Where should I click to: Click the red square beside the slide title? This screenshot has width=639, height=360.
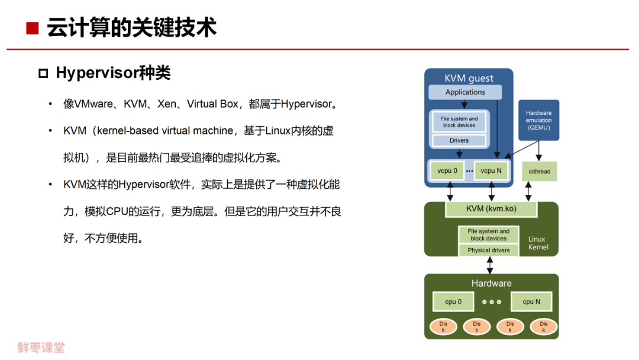pyautogui.click(x=33, y=27)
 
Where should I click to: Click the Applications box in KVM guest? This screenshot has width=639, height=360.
pyautogui.click(x=465, y=92)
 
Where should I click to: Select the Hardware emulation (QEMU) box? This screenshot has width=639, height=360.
pyautogui.click(x=538, y=120)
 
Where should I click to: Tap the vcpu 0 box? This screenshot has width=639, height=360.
pyautogui.click(x=447, y=171)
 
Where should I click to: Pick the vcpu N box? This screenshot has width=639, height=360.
pyautogui.click(x=491, y=171)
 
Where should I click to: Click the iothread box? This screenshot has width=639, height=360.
pyautogui.click(x=539, y=172)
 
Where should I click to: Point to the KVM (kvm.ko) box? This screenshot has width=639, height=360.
pyautogui.click(x=491, y=208)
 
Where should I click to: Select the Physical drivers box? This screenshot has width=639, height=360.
pyautogui.click(x=489, y=250)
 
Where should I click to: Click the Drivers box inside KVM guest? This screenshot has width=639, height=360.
pyautogui.click(x=459, y=141)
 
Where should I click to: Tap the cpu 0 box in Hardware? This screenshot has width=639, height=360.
pyautogui.click(x=453, y=301)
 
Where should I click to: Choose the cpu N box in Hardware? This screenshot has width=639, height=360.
pyautogui.click(x=531, y=301)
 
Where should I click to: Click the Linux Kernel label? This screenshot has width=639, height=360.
pyautogui.click(x=538, y=243)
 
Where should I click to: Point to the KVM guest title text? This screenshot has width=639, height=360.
pyautogui.click(x=469, y=78)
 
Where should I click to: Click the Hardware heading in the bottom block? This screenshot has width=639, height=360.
pyautogui.click(x=491, y=283)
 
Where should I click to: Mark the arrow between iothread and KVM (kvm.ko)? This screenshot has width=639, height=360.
pyautogui.click(x=528, y=191)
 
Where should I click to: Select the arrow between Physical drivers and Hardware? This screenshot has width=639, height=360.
pyautogui.click(x=490, y=265)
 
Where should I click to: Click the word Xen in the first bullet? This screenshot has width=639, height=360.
pyautogui.click(x=166, y=104)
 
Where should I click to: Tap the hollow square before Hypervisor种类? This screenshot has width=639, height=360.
pyautogui.click(x=43, y=73)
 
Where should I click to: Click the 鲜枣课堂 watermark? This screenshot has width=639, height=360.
pyautogui.click(x=41, y=348)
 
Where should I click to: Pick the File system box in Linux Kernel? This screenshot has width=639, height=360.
pyautogui.click(x=489, y=234)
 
